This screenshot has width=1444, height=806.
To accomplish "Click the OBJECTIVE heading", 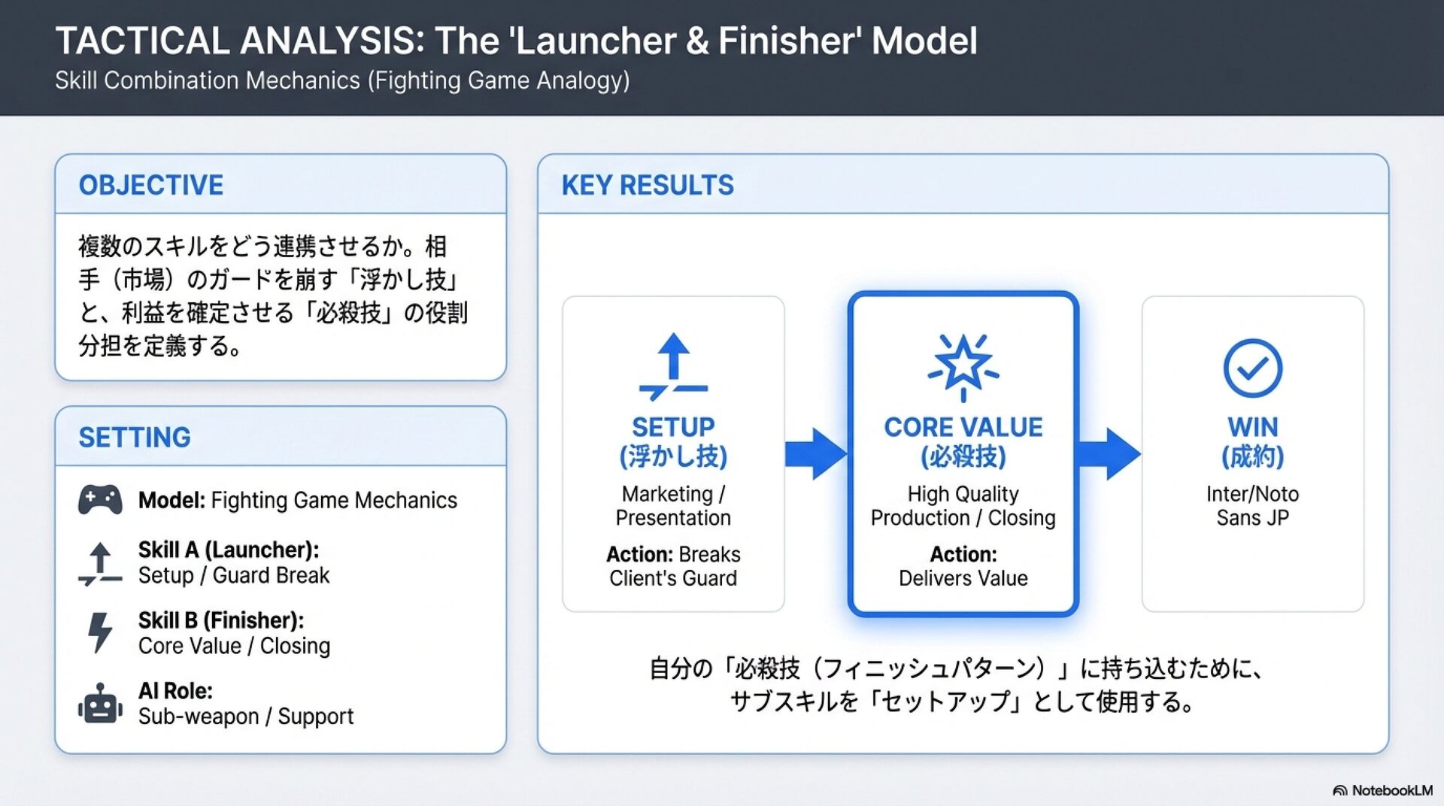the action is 150,185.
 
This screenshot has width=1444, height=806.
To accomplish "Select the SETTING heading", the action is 135,438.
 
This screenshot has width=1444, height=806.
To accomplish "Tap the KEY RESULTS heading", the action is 648,185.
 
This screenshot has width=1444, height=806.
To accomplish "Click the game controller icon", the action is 100,500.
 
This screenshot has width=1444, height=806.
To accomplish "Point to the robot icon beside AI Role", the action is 100,704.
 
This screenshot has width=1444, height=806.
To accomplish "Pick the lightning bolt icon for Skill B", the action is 100,632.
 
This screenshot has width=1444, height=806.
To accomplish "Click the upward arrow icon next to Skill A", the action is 100,563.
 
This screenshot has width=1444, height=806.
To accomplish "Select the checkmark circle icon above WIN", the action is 1252,368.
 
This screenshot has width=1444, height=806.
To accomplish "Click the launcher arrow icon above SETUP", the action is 673,366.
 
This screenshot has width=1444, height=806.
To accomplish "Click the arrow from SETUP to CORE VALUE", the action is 816,453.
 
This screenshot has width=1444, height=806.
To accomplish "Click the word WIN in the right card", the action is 1252,427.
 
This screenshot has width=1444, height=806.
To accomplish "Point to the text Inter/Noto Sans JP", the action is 1252,505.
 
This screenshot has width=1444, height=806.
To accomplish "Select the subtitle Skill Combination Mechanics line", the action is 342,80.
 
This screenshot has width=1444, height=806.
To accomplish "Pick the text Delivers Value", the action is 963,578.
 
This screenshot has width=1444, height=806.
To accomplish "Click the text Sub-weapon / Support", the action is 246,717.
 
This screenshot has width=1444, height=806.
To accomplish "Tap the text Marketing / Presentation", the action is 673,505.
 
